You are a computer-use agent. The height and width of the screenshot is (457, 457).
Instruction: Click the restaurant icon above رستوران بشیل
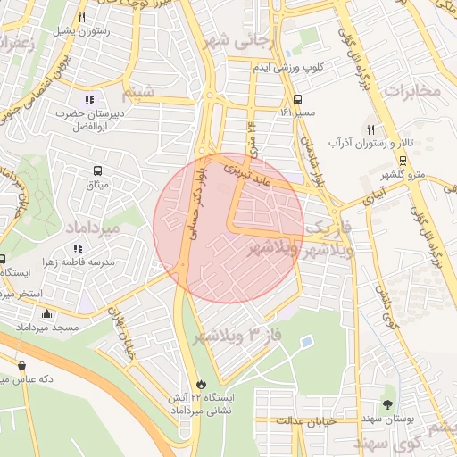tap(82, 17)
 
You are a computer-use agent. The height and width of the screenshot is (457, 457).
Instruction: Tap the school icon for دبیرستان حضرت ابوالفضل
tap(88, 99)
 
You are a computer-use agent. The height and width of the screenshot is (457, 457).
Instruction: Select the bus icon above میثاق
tap(96, 170)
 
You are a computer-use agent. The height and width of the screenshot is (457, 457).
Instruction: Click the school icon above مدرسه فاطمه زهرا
tap(78, 247)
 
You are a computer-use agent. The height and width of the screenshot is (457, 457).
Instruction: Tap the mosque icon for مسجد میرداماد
tap(46, 313)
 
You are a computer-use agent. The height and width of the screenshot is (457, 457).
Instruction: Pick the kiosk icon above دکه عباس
tap(21, 365)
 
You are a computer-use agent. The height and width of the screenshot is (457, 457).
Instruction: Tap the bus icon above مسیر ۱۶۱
tap(296, 99)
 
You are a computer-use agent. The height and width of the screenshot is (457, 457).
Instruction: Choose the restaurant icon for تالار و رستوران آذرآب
tap(370, 129)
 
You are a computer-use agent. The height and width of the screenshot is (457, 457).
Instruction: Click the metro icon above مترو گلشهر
tap(403, 161)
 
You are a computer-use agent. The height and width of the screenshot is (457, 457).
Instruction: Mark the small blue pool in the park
tap(306, 342)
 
